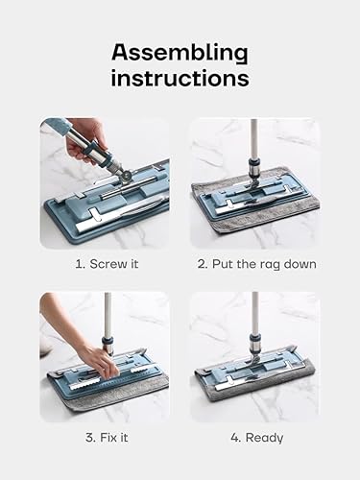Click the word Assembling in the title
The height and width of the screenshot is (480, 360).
[x=180, y=54]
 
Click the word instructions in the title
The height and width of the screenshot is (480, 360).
[x=180, y=78]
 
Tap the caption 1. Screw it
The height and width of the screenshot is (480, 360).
[x=108, y=264]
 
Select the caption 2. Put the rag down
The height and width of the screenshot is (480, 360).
[x=257, y=264]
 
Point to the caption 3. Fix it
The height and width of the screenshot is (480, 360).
[x=107, y=438]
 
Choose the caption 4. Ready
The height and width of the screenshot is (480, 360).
[x=257, y=438]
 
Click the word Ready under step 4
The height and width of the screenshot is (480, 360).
[x=264, y=438]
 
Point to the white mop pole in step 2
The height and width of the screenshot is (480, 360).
[x=253, y=138]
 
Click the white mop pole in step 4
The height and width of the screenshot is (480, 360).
[x=255, y=313]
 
